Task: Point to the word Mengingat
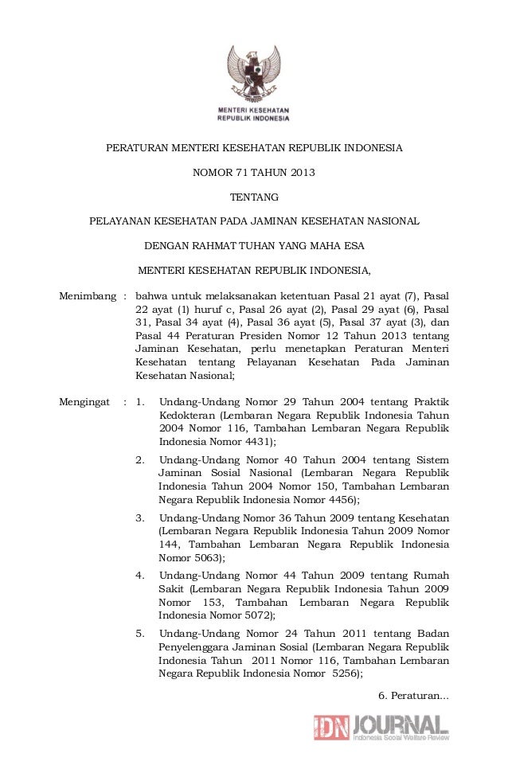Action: pyautogui.click(x=84, y=403)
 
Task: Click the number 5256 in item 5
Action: pyautogui.click(x=345, y=674)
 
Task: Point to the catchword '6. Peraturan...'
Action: pyautogui.click(x=413, y=696)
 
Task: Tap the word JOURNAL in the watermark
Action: pyautogui.click(x=401, y=724)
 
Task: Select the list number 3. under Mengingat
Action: pyautogui.click(x=140, y=517)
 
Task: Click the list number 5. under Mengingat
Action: pyautogui.click(x=140, y=634)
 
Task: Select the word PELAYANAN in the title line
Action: pyautogui.click(x=121, y=221)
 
